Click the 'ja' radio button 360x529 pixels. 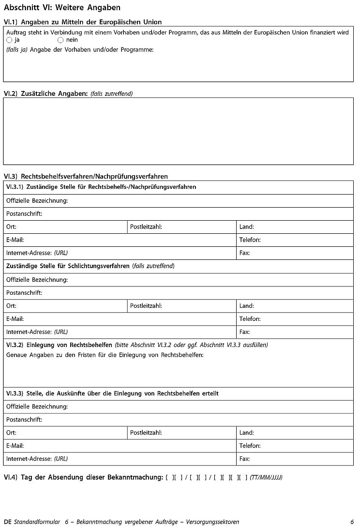[x=9, y=40]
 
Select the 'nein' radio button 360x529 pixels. [x=60, y=40]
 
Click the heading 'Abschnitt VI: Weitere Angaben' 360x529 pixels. [x=62, y=8]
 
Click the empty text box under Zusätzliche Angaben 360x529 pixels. [x=178, y=131]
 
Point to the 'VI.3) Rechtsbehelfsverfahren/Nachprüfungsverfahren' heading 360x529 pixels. [x=86, y=177]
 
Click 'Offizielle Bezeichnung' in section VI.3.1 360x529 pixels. [x=37, y=200]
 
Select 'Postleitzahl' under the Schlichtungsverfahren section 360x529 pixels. [x=146, y=306]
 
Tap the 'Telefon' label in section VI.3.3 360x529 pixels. [x=250, y=446]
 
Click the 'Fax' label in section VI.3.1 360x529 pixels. [x=244, y=253]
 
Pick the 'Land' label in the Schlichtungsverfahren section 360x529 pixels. [x=246, y=306]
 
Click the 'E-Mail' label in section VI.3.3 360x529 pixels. [x=15, y=446]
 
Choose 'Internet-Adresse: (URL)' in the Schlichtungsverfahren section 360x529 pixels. [x=37, y=332]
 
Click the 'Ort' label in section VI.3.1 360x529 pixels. [x=11, y=227]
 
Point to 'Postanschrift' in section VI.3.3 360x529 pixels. [x=24, y=420]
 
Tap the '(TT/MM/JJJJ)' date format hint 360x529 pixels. [x=266, y=478]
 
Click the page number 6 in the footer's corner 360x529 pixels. [x=352, y=522]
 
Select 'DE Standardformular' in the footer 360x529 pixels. [x=32, y=522]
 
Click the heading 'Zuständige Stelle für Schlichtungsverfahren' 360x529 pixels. [x=68, y=266]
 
